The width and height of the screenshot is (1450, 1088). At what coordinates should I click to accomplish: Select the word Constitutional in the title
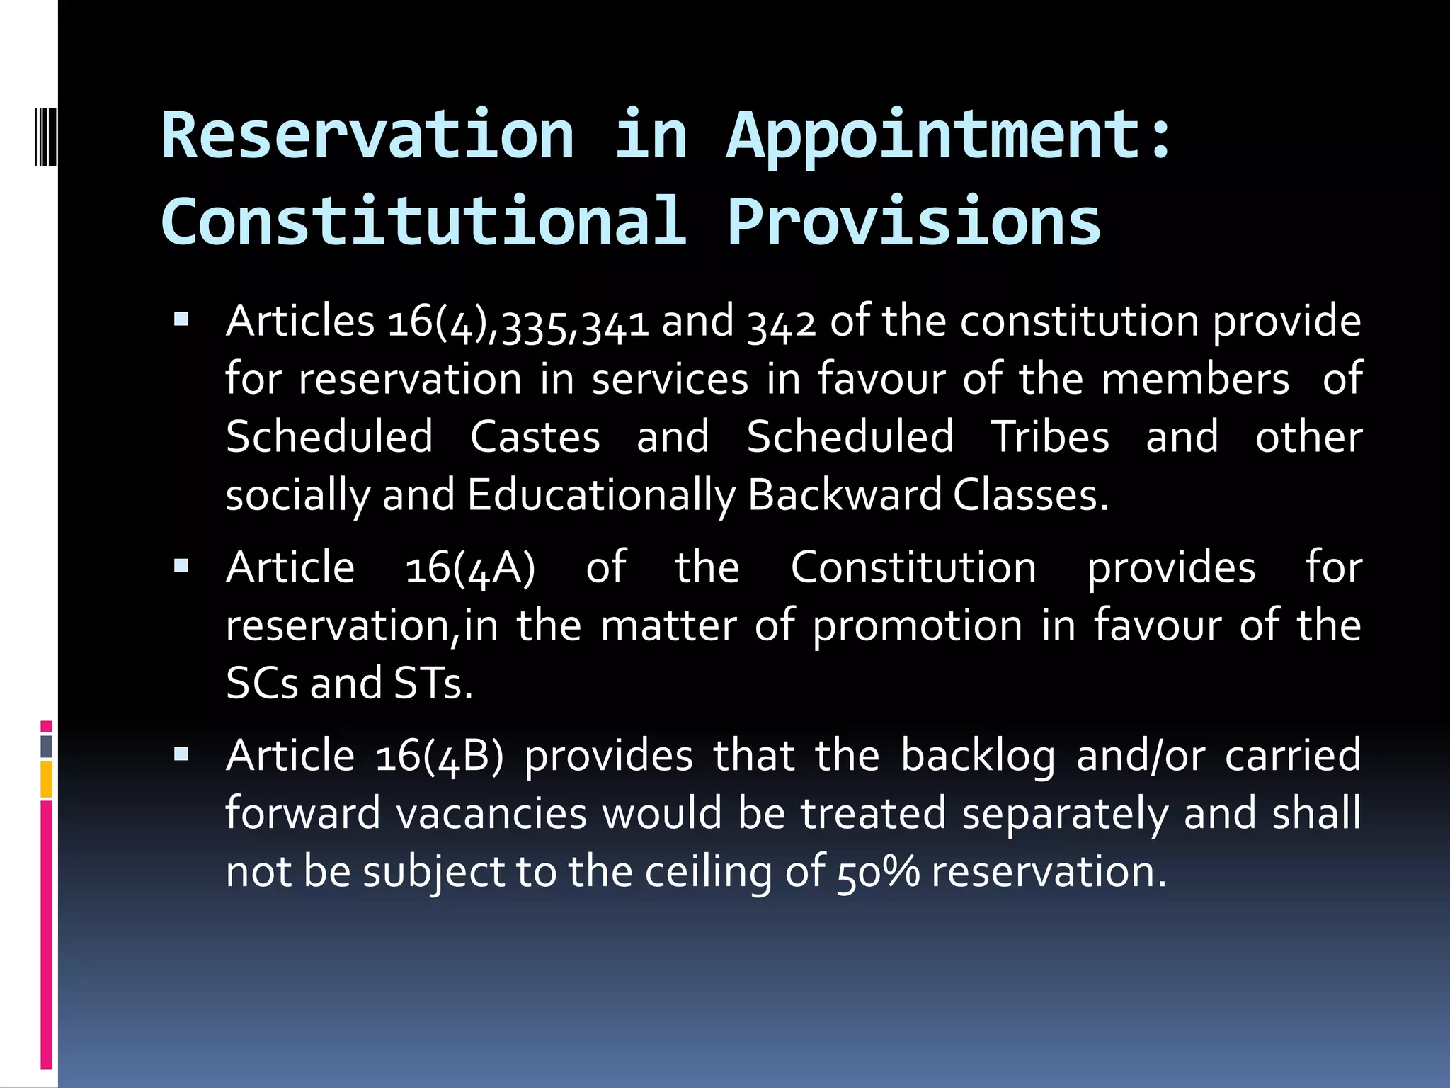[423, 221]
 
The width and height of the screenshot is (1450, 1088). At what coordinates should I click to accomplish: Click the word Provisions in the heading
[914, 221]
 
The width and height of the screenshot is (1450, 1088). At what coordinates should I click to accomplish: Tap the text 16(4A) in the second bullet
[470, 568]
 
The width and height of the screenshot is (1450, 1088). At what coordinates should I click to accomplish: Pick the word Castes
[535, 436]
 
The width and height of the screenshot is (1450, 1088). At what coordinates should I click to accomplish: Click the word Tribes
[1050, 436]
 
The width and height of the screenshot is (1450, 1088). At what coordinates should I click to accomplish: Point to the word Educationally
[602, 495]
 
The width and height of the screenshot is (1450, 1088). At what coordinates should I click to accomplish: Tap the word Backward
[845, 495]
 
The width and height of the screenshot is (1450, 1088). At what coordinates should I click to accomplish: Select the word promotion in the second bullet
[918, 626]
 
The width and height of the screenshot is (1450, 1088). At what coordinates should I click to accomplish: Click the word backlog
[978, 756]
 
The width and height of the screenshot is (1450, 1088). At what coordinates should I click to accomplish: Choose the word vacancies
[491, 814]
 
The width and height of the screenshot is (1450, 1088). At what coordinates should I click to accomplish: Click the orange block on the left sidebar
[47, 779]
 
